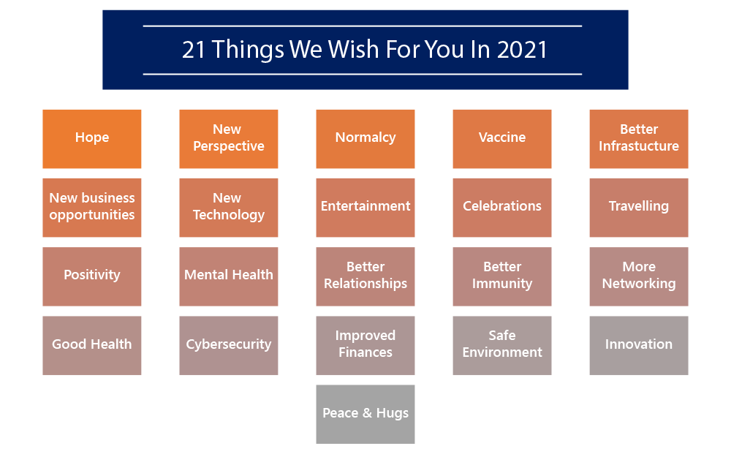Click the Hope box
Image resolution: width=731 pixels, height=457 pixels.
tap(92, 139)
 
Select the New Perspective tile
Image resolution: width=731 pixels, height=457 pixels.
tap(228, 139)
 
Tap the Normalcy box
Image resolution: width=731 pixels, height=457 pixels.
tap(365, 139)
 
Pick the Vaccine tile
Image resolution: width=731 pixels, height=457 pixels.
tap(502, 139)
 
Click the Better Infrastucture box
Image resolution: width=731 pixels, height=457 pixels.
tap(639, 139)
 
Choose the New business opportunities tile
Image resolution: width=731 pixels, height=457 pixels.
tap(92, 208)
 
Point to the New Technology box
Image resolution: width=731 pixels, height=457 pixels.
tap(228, 208)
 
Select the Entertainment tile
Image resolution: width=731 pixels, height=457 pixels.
tap(365, 208)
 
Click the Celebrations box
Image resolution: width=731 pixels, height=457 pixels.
tap(502, 208)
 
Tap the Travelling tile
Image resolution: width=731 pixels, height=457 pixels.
tap(639, 208)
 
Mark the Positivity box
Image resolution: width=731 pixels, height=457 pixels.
tap(92, 276)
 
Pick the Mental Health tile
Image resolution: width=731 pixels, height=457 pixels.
tap(228, 276)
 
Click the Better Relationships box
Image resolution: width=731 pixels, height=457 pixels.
tap(365, 276)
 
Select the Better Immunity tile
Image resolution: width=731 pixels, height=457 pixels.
tap(502, 276)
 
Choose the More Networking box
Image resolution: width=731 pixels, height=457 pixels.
tap(639, 276)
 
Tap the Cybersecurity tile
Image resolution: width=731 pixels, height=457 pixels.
tap(228, 346)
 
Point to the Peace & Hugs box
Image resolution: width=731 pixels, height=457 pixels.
tap(365, 414)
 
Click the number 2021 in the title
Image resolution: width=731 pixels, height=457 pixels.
tap(522, 50)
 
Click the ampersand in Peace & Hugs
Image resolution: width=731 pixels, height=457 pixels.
tap(368, 412)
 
